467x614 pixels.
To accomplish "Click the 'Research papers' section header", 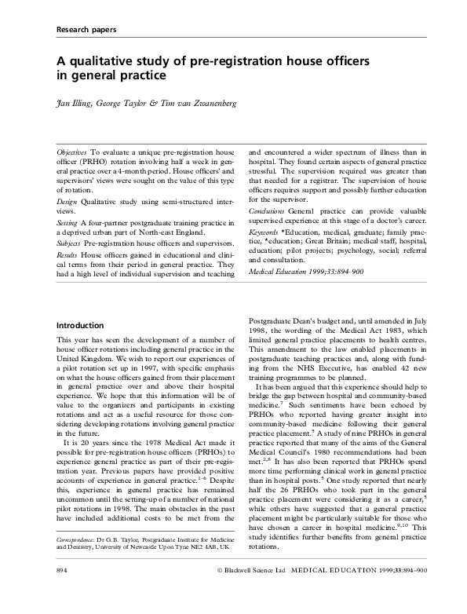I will tap(86, 30).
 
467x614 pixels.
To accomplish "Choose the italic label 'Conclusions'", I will tap(292, 211).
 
